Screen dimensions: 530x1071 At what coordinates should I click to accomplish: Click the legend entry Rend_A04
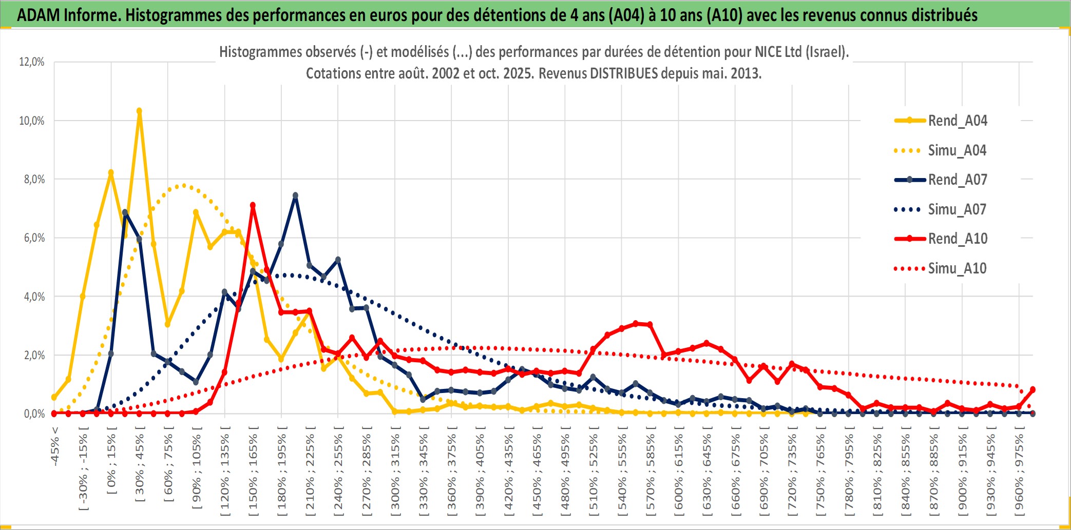[957, 121]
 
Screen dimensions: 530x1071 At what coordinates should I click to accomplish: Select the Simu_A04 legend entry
[957, 150]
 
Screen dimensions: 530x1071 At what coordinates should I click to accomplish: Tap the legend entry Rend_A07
[957, 180]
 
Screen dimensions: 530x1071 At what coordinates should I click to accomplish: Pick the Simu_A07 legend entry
[957, 209]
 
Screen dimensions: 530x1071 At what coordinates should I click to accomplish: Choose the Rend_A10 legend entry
[957, 239]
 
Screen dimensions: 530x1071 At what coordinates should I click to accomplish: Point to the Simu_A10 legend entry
[957, 268]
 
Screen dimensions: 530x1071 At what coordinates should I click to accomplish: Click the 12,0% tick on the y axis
[32, 62]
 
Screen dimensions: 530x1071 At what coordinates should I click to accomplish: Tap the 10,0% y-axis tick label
[32, 121]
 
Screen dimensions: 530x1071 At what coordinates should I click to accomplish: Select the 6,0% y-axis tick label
[34, 238]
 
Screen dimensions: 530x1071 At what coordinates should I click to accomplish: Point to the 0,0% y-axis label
[34, 414]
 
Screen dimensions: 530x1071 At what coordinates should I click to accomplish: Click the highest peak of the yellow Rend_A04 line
[139, 111]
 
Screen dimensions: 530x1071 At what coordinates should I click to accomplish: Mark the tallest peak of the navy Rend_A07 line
[295, 195]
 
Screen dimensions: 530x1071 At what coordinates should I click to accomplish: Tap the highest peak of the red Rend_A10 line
[253, 205]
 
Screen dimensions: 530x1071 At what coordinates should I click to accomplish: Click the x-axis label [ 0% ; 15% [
[111, 464]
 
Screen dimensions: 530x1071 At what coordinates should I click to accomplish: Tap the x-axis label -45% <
[55, 446]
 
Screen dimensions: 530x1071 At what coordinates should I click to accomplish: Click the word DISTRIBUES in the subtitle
[623, 73]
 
